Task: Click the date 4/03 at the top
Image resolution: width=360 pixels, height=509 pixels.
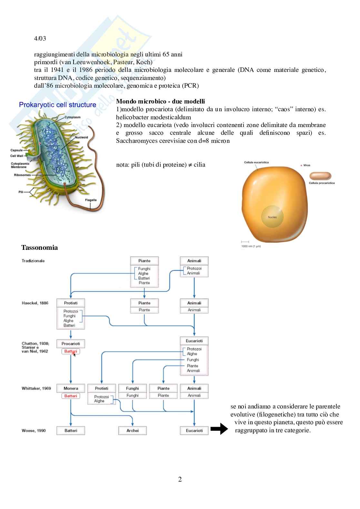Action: (40, 38)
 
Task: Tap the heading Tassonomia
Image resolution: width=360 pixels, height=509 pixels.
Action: (39, 248)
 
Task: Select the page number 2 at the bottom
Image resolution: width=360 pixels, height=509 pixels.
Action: (180, 479)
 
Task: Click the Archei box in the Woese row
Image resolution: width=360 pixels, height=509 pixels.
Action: (133, 430)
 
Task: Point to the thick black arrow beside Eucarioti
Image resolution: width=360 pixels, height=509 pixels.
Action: (219, 429)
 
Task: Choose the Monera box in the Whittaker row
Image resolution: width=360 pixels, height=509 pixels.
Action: (71, 388)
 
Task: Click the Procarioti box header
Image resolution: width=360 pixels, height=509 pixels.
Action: (71, 344)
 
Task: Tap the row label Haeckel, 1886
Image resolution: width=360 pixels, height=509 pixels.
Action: (35, 303)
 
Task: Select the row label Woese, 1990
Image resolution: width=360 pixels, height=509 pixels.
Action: (34, 430)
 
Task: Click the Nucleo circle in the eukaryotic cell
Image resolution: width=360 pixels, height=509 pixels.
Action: (272, 217)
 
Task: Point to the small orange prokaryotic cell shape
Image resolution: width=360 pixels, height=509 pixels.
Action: (320, 176)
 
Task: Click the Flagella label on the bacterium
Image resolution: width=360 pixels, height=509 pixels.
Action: (91, 200)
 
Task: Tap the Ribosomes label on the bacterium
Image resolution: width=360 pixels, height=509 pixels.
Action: (22, 175)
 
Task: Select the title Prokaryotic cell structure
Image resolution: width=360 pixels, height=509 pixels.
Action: (57, 105)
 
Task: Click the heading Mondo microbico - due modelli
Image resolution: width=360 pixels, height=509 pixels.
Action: (160, 102)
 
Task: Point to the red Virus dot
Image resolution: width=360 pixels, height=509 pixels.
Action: (301, 165)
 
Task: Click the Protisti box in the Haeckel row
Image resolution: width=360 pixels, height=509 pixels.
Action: (71, 303)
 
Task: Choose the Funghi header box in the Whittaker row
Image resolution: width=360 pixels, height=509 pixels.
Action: (133, 388)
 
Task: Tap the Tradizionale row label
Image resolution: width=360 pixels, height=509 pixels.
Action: (33, 261)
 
